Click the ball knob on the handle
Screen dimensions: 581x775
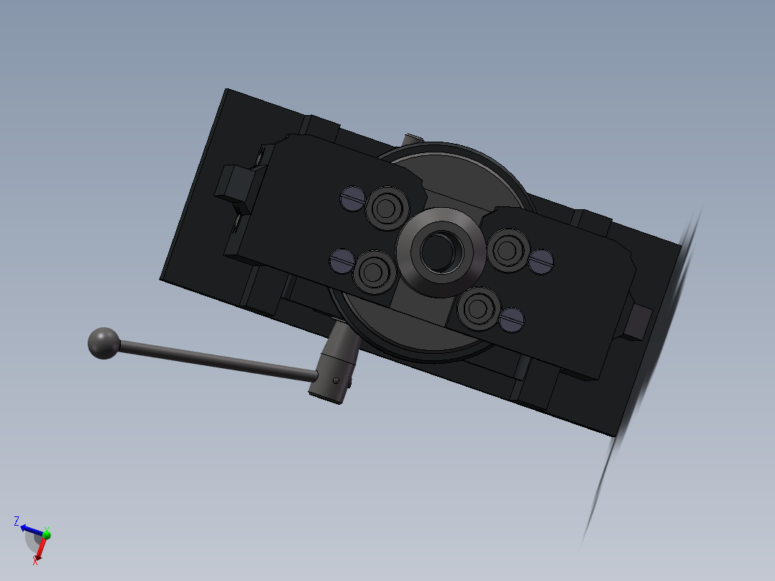[x=104, y=343]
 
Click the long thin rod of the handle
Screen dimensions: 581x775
[x=216, y=362]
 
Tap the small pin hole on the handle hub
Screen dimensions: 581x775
[x=336, y=380]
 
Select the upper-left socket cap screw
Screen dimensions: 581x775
[x=387, y=209]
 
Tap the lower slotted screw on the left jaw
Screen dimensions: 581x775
[x=341, y=260]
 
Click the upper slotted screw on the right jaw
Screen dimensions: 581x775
[x=541, y=261]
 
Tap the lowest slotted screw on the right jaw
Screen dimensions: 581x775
[x=512, y=320]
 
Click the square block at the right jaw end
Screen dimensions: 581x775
[x=637, y=321]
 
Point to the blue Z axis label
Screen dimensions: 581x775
[x=17, y=521]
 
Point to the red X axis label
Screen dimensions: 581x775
[x=35, y=561]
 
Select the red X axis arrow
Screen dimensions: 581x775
[x=41, y=548]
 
